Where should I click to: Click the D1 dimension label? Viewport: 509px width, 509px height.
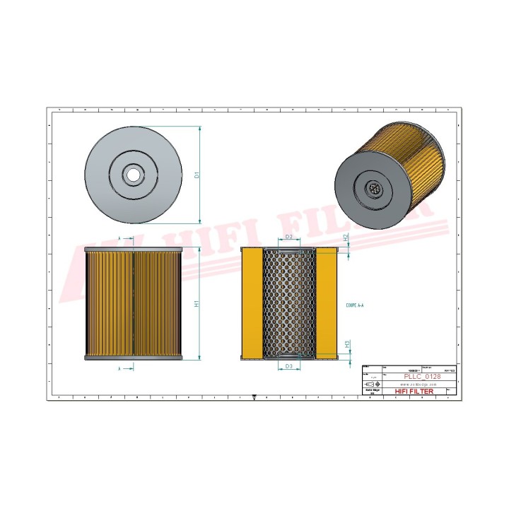(198, 174)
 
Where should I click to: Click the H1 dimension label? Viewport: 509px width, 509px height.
(198, 304)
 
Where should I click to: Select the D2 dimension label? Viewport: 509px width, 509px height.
(288, 237)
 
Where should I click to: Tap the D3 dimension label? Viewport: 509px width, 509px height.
(288, 366)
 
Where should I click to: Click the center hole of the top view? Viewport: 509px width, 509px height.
(131, 173)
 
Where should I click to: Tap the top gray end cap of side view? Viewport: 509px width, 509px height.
(134, 250)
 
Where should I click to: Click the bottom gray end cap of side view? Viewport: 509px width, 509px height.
(134, 357)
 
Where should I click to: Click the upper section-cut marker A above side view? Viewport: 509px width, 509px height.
(121, 240)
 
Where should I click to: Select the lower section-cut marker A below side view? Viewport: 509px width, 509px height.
(121, 368)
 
